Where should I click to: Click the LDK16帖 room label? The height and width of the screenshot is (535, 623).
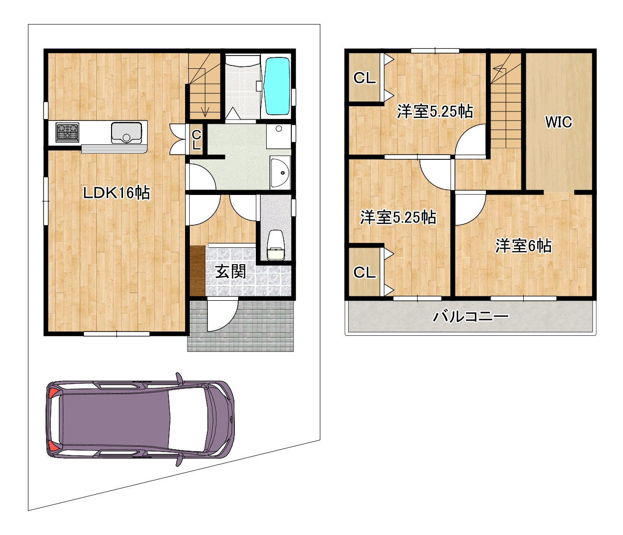(x=116, y=193)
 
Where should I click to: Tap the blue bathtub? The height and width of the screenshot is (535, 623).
(x=277, y=86)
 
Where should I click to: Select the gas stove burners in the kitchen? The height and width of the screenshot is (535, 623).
(x=67, y=132)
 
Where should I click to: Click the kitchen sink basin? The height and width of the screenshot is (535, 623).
(x=126, y=132)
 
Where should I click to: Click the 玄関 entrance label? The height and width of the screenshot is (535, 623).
(x=231, y=272)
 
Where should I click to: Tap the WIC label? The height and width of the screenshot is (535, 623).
(x=558, y=122)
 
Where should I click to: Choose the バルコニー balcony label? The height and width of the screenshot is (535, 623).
(x=471, y=316)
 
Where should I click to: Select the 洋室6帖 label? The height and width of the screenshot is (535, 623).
(x=523, y=246)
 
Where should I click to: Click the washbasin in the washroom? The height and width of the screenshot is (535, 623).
(x=280, y=173)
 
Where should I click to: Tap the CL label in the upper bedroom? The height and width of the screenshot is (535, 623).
(x=364, y=78)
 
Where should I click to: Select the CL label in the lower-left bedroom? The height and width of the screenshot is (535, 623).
(x=364, y=272)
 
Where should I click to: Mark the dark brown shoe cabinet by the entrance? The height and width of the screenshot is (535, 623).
(x=197, y=271)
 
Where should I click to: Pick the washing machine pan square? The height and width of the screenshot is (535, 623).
(x=279, y=137)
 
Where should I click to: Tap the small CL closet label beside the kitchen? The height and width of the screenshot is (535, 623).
(x=196, y=140)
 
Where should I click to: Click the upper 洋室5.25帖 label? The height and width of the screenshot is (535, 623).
(x=435, y=111)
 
